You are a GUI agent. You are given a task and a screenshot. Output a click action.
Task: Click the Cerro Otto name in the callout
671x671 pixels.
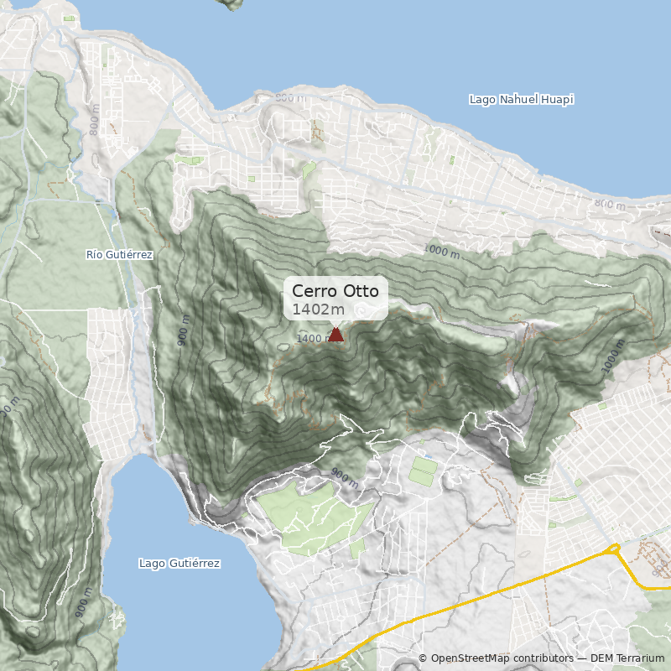coord(335,291)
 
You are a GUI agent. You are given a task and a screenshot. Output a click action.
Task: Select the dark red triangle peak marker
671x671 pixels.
coord(335,335)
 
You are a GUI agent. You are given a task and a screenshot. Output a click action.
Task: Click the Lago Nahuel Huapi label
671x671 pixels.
coord(521,100)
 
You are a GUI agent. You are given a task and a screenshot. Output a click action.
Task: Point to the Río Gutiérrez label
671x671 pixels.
coord(120,254)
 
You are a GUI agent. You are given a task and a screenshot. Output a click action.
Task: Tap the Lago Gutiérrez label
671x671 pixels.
coord(179,564)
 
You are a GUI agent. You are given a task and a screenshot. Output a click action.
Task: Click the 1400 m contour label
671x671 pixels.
coord(314,339)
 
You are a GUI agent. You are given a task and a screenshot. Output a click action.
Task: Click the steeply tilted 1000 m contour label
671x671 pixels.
coord(614,357)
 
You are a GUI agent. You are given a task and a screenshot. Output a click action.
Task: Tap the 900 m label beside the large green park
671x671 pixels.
coord(343,478)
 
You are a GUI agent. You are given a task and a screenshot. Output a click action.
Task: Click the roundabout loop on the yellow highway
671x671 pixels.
coord(612,549)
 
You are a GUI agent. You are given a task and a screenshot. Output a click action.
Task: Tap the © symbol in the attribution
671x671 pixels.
coord(423,658)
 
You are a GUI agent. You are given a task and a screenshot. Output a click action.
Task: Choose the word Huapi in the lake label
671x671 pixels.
coord(558,100)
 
